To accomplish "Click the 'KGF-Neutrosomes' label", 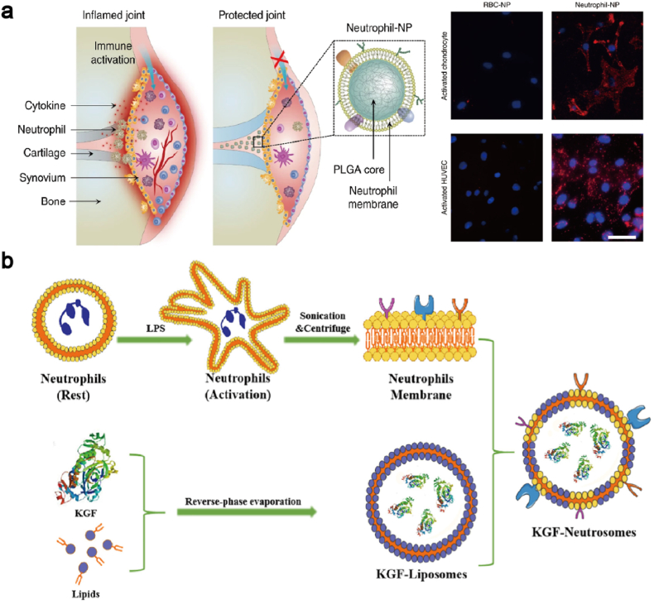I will (587, 535).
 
